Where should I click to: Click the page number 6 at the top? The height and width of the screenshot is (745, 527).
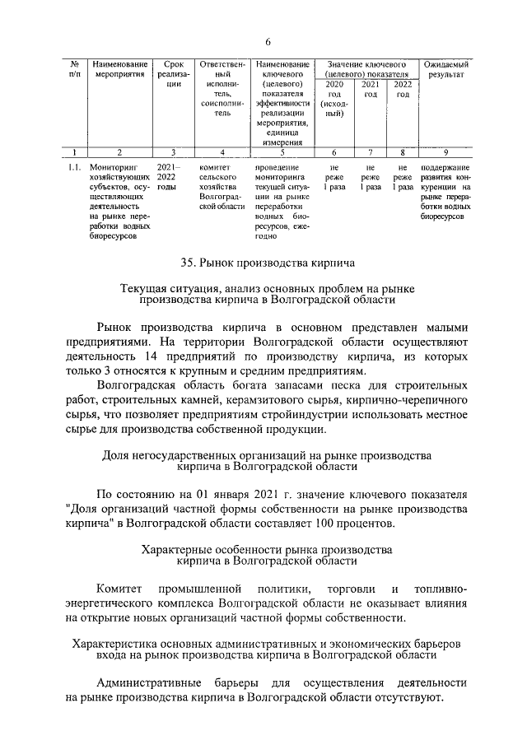(x=268, y=43)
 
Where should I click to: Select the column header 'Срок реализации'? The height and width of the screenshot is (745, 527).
(x=174, y=73)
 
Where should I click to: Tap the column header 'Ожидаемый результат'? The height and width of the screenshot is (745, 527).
(x=445, y=68)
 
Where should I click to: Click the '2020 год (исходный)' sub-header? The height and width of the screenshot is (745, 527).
(x=334, y=99)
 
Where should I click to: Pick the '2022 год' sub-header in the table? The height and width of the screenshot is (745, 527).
(x=403, y=89)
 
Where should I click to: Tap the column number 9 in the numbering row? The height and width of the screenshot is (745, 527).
(x=445, y=151)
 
